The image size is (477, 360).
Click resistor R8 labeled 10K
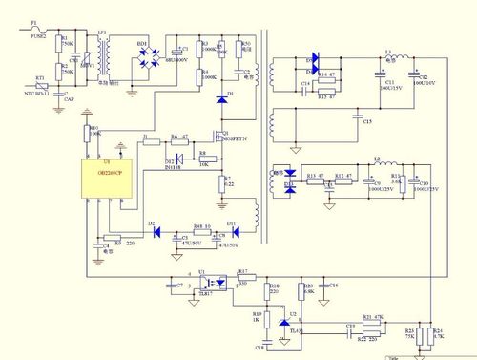point(203,157)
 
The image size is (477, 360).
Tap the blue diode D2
point(153,229)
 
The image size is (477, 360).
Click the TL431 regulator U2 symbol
point(282,326)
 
